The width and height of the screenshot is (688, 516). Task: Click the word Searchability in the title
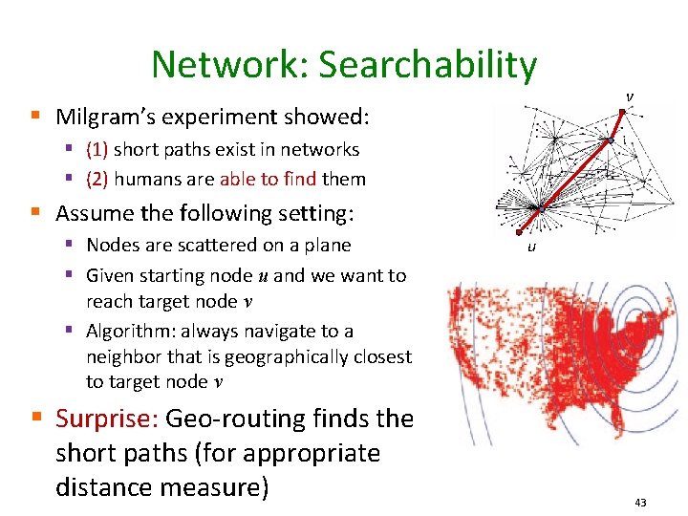click(x=428, y=65)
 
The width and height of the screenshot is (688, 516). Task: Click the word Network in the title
click(x=225, y=65)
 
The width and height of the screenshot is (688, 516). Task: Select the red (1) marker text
click(x=97, y=149)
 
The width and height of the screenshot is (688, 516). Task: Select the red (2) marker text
click(x=97, y=179)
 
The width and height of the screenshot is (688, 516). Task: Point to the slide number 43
click(x=640, y=503)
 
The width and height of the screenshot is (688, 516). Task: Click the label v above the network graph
click(x=629, y=97)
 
